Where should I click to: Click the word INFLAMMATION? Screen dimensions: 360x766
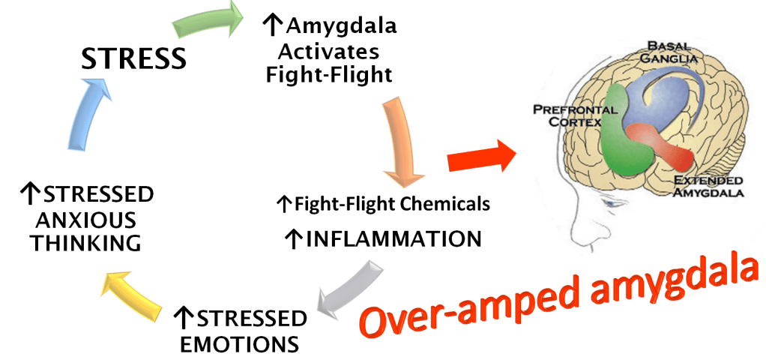pos(393,239)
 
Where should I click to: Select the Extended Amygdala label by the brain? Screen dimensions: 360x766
pos(708,187)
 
